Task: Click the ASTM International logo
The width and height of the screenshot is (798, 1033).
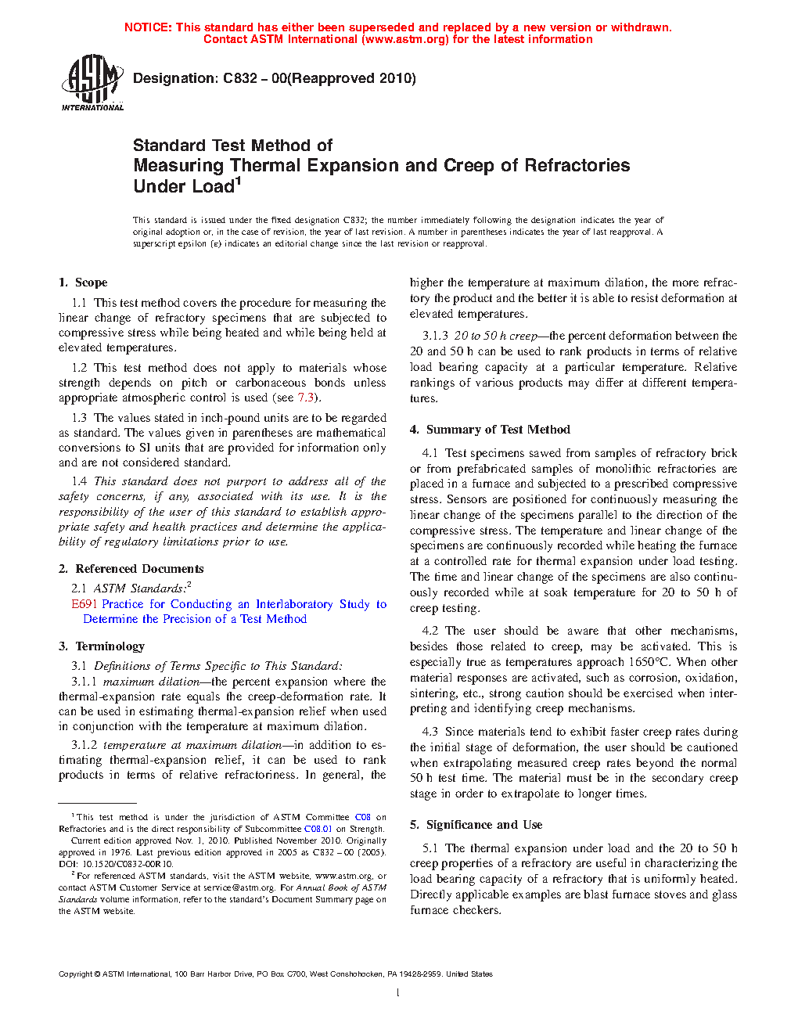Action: (92, 82)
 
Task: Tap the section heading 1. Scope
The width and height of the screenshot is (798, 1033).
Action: (83, 283)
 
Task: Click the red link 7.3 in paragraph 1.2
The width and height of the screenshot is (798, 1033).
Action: (305, 398)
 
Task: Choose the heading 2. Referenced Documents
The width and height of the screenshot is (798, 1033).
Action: (131, 569)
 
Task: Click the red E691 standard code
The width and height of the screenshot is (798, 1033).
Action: (84, 604)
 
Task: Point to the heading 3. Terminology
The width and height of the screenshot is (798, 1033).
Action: (102, 646)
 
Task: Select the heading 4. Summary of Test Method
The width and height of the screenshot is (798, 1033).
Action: (490, 430)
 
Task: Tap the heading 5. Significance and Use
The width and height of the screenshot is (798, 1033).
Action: (476, 825)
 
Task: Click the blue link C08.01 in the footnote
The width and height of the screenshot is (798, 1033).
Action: (318, 829)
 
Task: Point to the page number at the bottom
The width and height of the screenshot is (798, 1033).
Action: (398, 992)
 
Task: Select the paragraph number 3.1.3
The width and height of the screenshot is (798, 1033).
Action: (435, 336)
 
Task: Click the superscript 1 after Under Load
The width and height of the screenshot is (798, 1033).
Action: (239, 182)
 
